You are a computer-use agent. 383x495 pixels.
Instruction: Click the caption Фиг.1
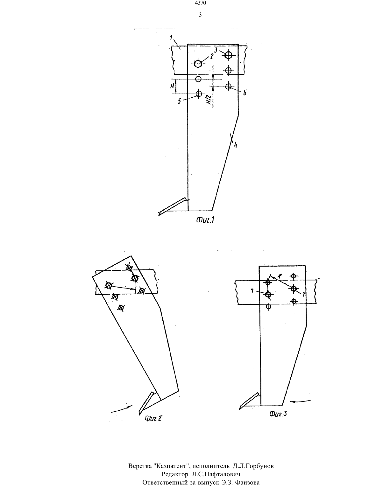click(205, 220)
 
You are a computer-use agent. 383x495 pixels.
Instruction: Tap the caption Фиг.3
click(278, 414)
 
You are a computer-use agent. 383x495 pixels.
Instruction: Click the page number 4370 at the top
click(200, 3)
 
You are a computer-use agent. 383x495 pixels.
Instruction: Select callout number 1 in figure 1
click(171, 38)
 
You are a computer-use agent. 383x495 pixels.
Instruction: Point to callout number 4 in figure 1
click(236, 145)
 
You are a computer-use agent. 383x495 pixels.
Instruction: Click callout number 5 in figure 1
click(180, 101)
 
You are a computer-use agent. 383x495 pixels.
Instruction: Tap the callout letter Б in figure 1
click(245, 93)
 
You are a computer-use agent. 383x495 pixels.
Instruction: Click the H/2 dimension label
click(209, 99)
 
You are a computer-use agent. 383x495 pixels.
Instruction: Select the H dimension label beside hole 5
click(172, 86)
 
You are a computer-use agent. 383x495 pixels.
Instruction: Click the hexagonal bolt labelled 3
click(228, 55)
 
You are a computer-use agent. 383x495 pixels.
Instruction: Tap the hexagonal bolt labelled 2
click(198, 64)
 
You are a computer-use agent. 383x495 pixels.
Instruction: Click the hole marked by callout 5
click(199, 94)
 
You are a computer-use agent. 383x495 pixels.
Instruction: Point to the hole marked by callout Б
click(228, 86)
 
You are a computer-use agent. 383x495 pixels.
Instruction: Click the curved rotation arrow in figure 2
click(122, 409)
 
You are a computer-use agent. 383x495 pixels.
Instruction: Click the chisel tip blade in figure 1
click(173, 206)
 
